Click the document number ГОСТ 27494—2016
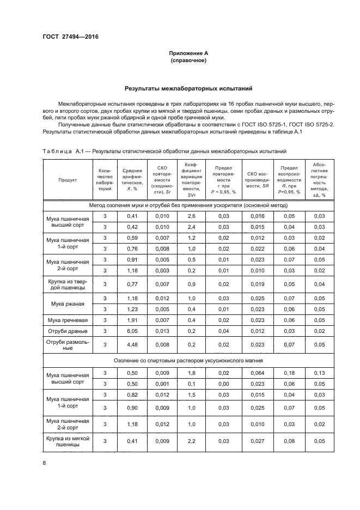[66, 37]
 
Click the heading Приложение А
[187, 53]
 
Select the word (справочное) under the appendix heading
[187, 60]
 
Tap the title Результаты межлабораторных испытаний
[187, 88]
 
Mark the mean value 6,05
[132, 331]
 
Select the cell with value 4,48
[132, 345]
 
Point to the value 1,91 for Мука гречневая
[132, 319]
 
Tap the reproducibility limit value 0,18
[290, 373]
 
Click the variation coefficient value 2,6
[192, 216]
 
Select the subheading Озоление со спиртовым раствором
[188, 360]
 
